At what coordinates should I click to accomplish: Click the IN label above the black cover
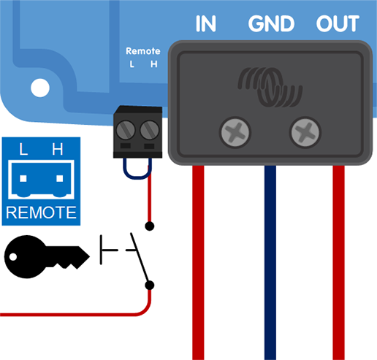point(207,24)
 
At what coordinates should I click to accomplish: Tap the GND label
point(271,24)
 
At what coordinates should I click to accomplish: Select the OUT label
point(338,24)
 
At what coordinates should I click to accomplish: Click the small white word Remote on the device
point(142,52)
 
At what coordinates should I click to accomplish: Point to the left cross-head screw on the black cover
point(235,132)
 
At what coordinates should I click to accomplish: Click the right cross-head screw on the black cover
point(305,132)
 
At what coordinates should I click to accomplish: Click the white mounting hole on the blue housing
point(39,89)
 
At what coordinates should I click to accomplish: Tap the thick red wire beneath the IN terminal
point(199,263)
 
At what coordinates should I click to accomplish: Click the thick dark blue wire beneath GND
point(270,263)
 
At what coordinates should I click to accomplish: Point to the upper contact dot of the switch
point(150,226)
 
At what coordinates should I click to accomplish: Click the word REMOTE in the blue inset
point(41,213)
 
